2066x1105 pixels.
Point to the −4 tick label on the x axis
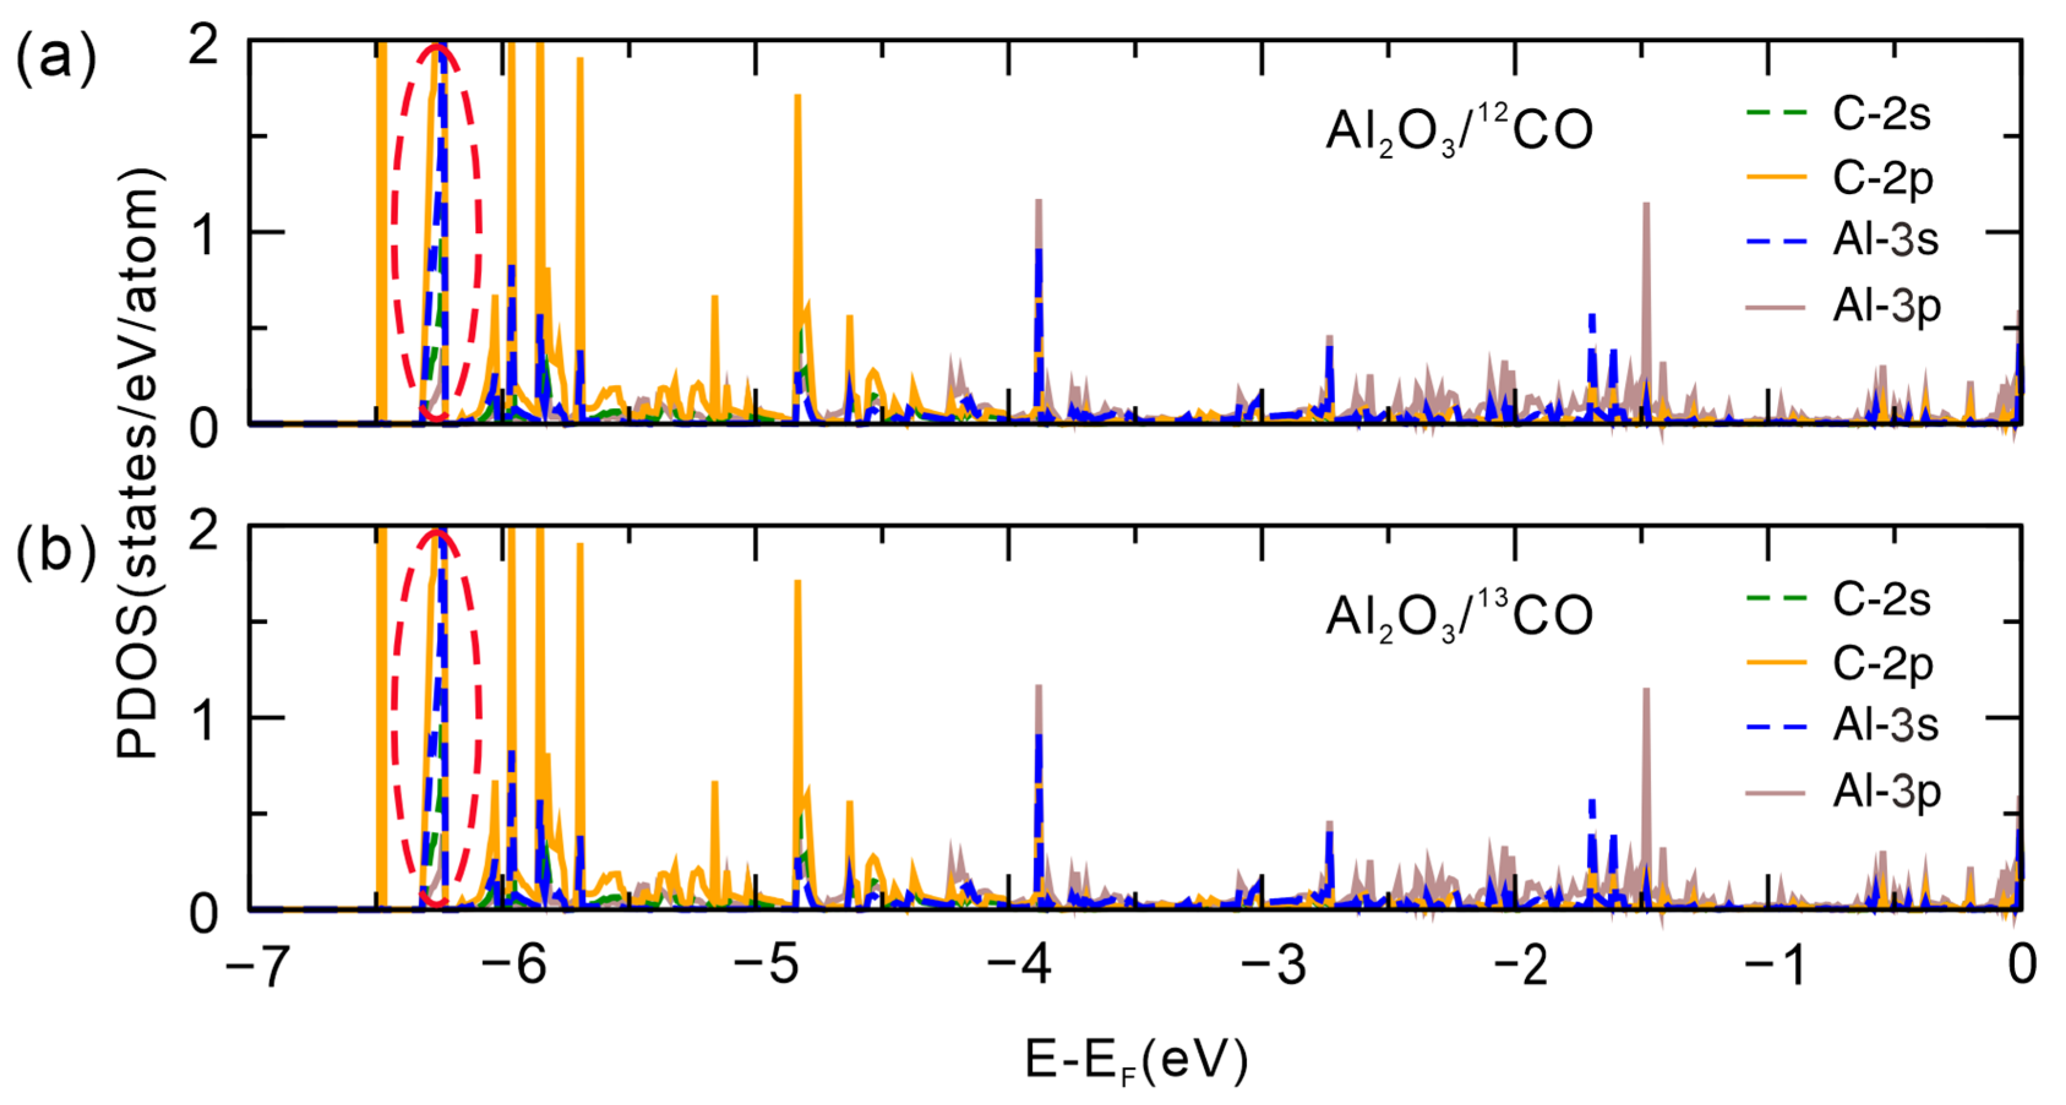(x=1019, y=965)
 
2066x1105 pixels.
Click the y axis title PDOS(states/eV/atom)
(x=138, y=465)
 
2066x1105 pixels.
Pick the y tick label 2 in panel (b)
(x=204, y=531)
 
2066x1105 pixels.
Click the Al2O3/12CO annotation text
(x=1458, y=132)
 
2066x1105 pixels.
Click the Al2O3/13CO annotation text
(x=1458, y=618)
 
